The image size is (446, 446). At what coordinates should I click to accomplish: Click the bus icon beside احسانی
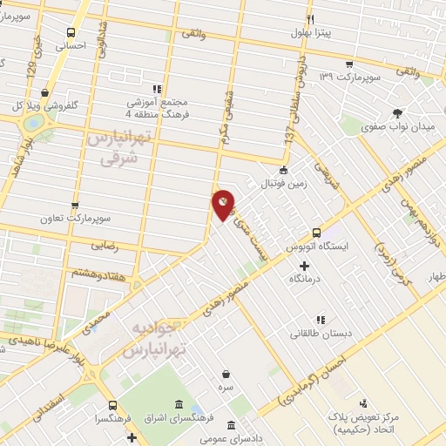pos(71,32)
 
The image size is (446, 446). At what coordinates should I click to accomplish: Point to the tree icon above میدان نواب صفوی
pos(398,113)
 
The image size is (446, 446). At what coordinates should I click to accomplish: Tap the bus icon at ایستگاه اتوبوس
pos(317,233)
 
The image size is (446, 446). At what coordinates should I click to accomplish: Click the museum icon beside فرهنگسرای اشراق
pos(179,405)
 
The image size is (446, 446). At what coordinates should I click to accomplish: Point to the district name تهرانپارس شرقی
pos(113,150)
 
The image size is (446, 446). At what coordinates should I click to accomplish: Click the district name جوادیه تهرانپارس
pos(157,340)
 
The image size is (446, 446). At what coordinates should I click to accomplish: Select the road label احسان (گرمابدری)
pos(315,375)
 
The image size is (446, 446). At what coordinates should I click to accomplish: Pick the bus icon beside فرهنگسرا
pos(112,405)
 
